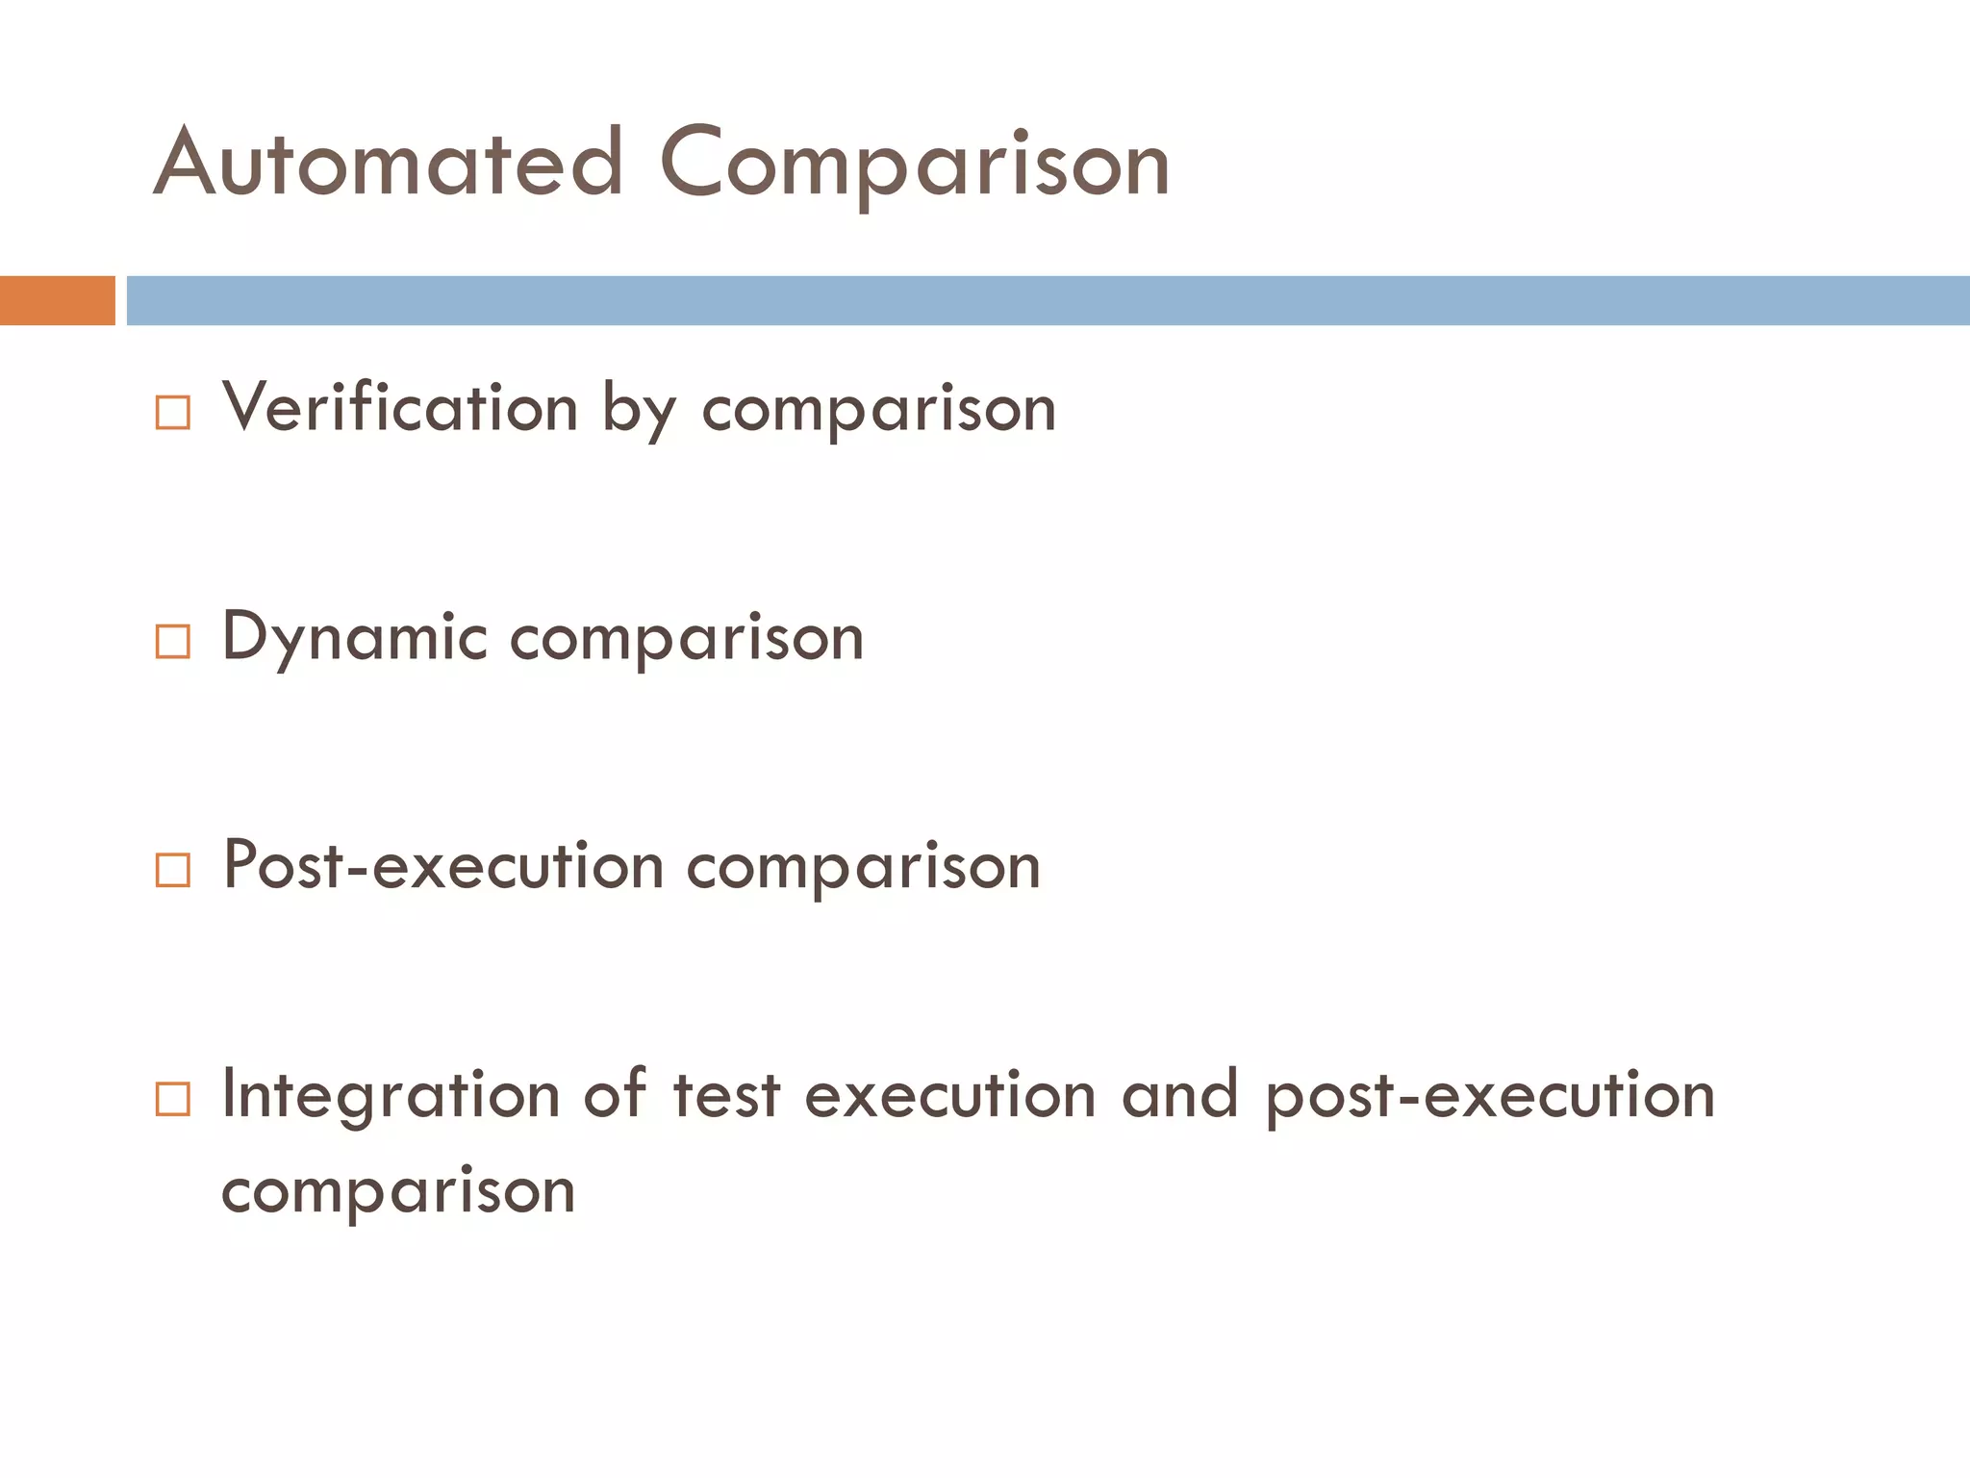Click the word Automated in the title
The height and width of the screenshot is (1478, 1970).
[x=389, y=164]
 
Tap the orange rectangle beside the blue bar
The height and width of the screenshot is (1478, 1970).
[x=57, y=300]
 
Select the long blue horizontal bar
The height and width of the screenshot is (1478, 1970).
[x=1048, y=300]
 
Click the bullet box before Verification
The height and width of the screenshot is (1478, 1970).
[x=173, y=413]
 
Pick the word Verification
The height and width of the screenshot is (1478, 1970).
[x=400, y=408]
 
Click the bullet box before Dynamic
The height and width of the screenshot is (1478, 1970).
[x=173, y=642]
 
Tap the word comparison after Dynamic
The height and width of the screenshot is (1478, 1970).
[x=687, y=640]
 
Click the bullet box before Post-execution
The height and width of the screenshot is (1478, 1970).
[x=173, y=870]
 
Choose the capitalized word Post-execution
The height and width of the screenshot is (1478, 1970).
[x=443, y=866]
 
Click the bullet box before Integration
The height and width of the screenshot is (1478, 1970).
[x=173, y=1099]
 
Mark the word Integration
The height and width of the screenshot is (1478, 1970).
[x=391, y=1097]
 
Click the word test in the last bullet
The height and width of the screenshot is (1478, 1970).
[x=726, y=1097]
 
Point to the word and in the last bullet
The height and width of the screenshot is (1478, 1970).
[x=1180, y=1097]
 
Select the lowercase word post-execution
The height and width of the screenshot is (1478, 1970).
[x=1490, y=1097]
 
